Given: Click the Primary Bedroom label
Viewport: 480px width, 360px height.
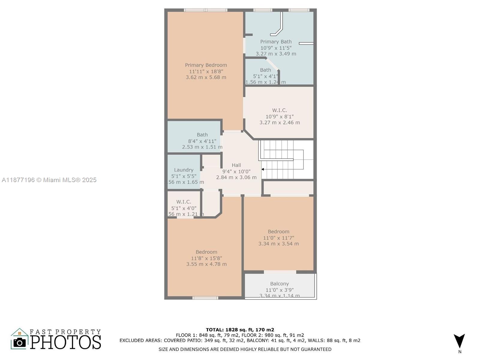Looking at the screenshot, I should [206, 65].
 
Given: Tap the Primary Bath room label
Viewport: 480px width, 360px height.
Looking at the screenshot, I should [276, 42].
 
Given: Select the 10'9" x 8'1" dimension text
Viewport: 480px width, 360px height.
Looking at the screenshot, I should [279, 116].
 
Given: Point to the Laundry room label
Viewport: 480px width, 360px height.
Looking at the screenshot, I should [184, 170].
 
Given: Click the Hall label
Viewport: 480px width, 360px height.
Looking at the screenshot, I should [236, 165].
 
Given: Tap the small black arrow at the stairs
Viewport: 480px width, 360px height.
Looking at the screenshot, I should [262, 169].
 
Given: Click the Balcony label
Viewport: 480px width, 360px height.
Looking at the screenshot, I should [279, 283].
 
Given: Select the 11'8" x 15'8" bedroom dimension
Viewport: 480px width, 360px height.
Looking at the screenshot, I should [206, 258].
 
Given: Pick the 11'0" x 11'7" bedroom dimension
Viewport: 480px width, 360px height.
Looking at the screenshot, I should [278, 238].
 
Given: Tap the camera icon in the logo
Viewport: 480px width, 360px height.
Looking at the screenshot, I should [20, 343].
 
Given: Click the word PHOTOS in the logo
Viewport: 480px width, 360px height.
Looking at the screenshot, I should [65, 342].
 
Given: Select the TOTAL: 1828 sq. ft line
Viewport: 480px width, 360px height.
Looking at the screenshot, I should [240, 330].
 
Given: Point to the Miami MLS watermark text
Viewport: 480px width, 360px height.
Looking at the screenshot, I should [49, 180].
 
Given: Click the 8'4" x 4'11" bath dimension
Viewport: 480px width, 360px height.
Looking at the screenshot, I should [202, 141].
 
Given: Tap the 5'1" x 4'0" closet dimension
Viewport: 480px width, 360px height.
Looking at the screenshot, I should [184, 208].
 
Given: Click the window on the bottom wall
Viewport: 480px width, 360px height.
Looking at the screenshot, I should [205, 298].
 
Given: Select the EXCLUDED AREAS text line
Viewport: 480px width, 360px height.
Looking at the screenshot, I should [240, 340].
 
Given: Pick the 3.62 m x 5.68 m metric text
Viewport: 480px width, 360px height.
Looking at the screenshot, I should [206, 77].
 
